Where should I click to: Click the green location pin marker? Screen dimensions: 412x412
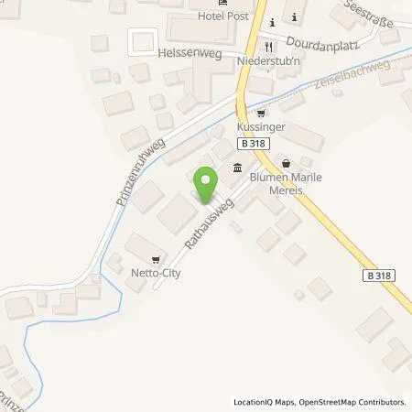tap(205, 186)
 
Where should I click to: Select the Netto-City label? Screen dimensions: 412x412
tap(155, 272)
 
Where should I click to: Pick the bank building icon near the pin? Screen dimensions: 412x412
tap(238, 168)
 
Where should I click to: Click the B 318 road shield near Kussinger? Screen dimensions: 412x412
tap(254, 144)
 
